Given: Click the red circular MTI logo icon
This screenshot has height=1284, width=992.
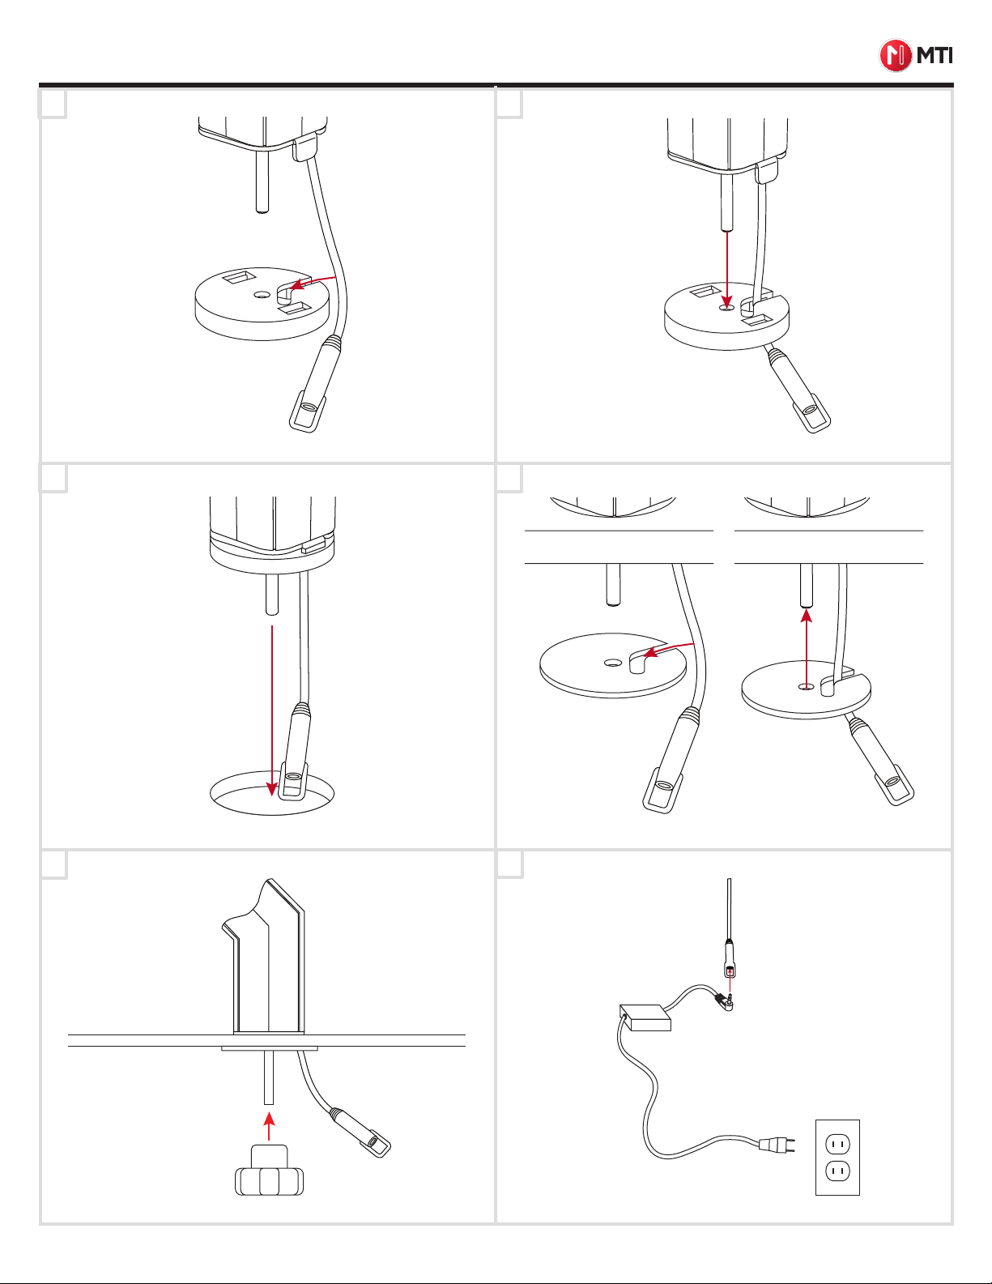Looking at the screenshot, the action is pyautogui.click(x=895, y=56).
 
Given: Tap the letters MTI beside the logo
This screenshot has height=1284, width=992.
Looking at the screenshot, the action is pyautogui.click(x=935, y=56).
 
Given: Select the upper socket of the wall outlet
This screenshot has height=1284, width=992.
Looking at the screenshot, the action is pyautogui.click(x=837, y=1145).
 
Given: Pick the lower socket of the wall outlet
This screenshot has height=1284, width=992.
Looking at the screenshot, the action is pyautogui.click(x=837, y=1171).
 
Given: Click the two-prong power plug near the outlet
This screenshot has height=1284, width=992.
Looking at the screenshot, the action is pyautogui.click(x=777, y=1145).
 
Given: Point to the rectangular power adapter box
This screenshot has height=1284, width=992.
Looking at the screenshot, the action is pyautogui.click(x=645, y=1017).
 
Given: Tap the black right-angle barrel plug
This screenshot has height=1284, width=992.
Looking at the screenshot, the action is pyautogui.click(x=725, y=1001).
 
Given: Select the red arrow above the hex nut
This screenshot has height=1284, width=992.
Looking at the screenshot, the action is pyautogui.click(x=269, y=1126).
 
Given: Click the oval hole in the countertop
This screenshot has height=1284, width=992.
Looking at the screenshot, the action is pyautogui.click(x=272, y=794).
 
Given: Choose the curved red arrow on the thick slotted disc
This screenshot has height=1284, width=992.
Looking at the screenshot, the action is pyautogui.click(x=313, y=281).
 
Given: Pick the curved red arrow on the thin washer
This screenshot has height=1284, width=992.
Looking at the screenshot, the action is pyautogui.click(x=668, y=650).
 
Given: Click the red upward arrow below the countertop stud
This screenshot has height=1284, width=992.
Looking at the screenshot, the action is pyautogui.click(x=807, y=648).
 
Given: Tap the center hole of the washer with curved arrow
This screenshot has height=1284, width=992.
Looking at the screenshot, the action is pyautogui.click(x=613, y=663).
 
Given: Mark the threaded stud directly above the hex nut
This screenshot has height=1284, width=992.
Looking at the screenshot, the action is pyautogui.click(x=269, y=1077).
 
